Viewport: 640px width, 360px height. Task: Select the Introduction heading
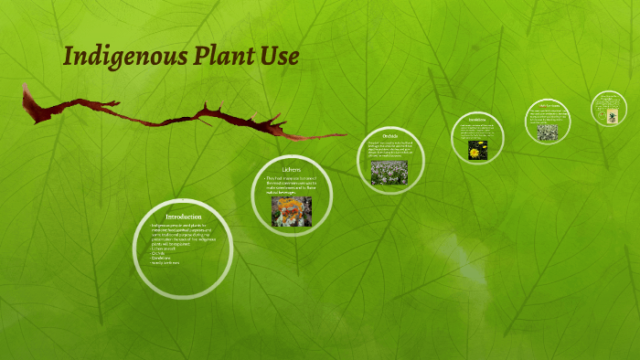tap(183, 217)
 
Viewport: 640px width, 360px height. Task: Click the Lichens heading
tap(292, 169)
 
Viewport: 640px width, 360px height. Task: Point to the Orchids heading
tap(389, 136)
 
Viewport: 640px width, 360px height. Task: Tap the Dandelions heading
tap(476, 120)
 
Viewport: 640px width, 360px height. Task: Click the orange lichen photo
tap(292, 211)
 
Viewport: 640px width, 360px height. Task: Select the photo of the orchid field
tap(389, 173)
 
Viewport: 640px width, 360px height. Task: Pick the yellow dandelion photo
tap(475, 150)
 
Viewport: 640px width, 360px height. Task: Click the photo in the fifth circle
tap(548, 132)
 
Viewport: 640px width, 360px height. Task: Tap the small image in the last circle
tap(607, 116)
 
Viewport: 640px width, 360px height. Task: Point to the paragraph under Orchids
tap(389, 150)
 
